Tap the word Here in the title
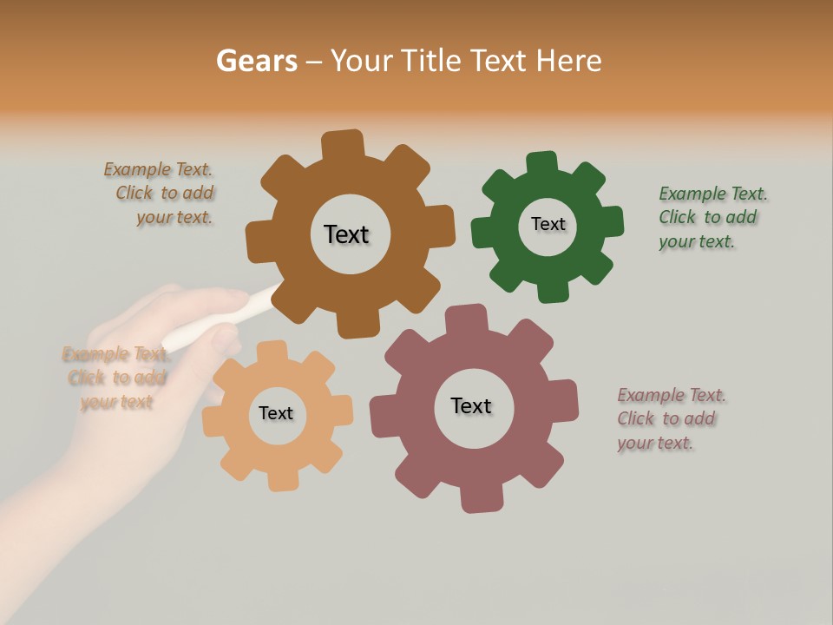(568, 61)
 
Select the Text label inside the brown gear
(346, 234)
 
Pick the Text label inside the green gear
(548, 224)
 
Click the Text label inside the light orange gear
(276, 413)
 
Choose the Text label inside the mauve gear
(471, 405)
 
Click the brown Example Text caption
(160, 194)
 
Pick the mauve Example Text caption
(671, 418)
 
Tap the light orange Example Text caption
(114, 378)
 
